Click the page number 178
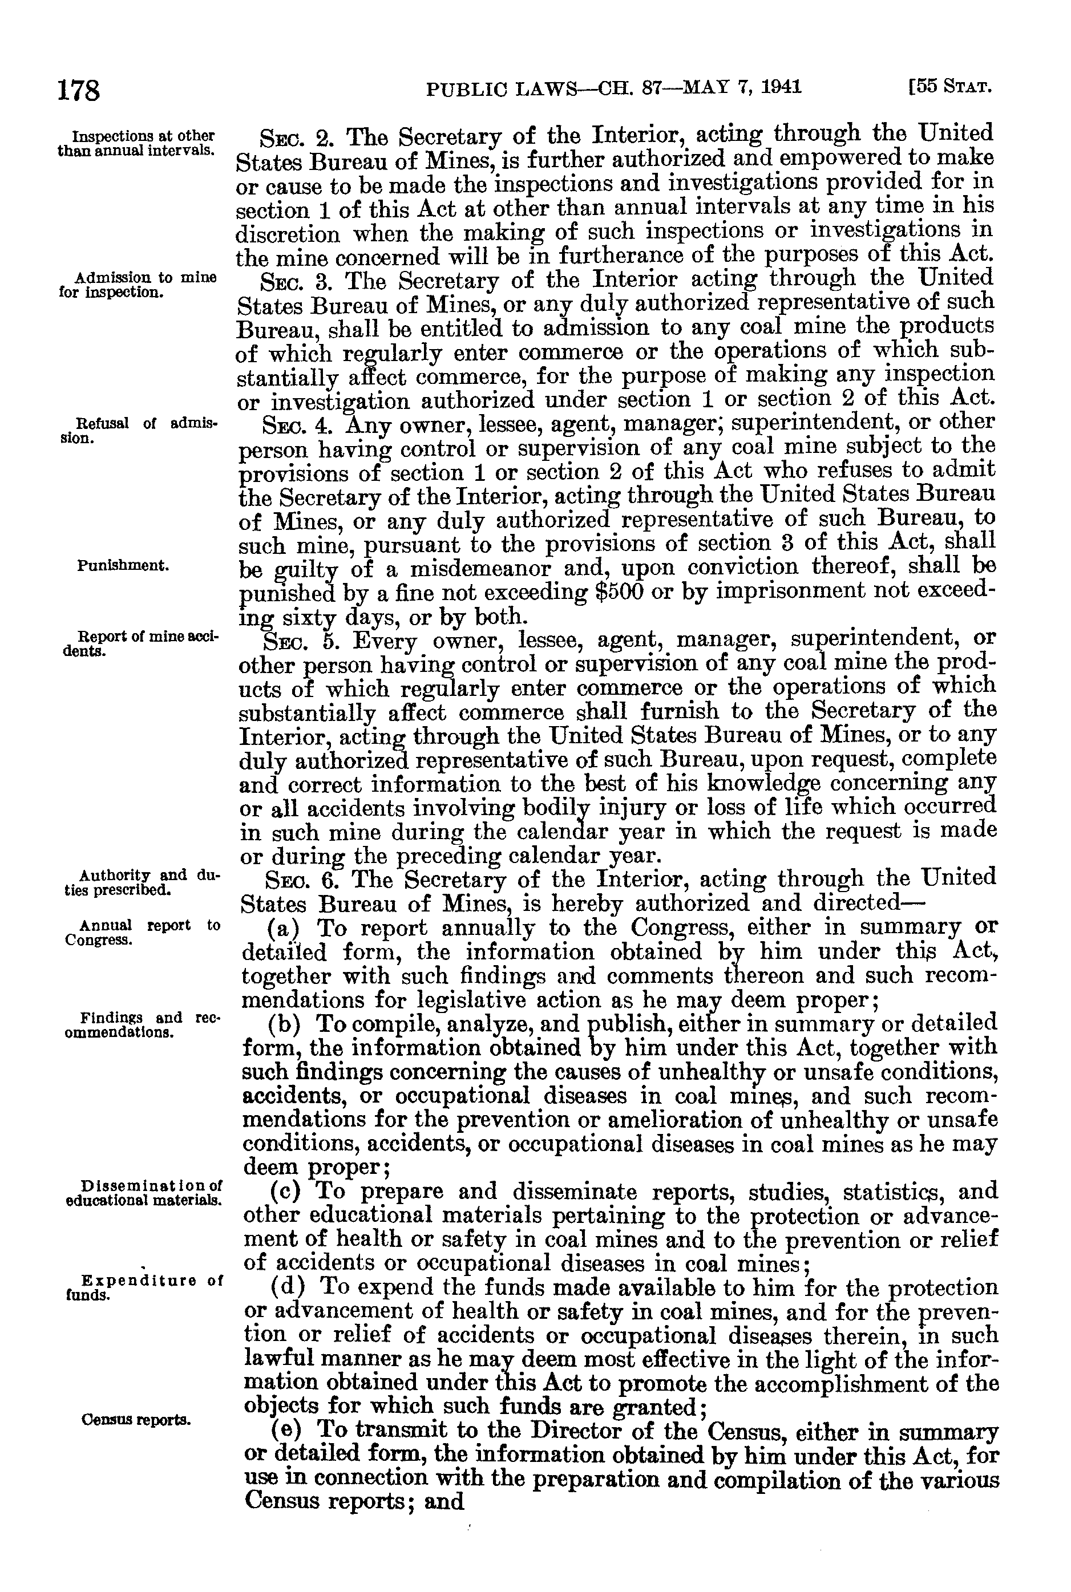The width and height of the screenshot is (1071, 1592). click(x=79, y=90)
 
